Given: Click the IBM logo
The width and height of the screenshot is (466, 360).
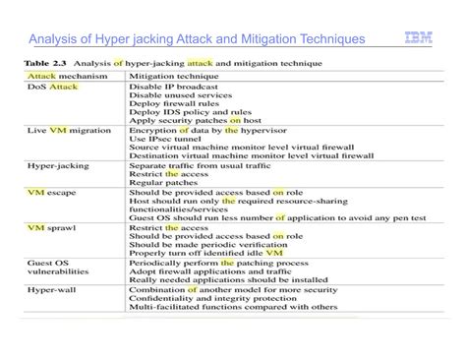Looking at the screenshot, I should [x=418, y=39].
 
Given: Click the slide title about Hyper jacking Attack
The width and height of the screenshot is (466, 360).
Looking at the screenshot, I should [x=197, y=39].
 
